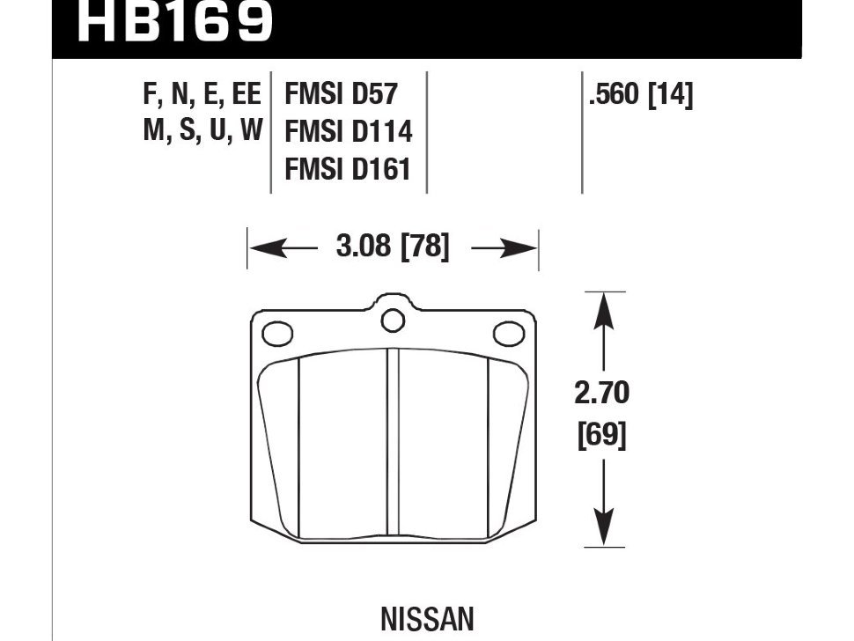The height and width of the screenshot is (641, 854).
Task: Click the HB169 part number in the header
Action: click(x=174, y=21)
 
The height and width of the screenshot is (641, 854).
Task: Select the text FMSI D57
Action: click(x=341, y=93)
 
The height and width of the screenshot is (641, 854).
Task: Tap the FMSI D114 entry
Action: click(x=349, y=131)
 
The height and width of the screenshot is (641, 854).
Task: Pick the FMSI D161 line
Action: click(x=348, y=169)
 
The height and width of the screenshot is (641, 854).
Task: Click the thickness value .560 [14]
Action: click(x=641, y=95)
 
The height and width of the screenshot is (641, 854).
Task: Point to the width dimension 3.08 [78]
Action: click(x=393, y=247)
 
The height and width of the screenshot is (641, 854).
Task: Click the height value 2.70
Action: click(x=602, y=393)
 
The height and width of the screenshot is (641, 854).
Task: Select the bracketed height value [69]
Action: click(x=602, y=435)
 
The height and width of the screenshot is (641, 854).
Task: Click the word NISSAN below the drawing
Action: click(x=427, y=619)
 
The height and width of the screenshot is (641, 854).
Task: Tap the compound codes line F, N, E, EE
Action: click(x=202, y=93)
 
